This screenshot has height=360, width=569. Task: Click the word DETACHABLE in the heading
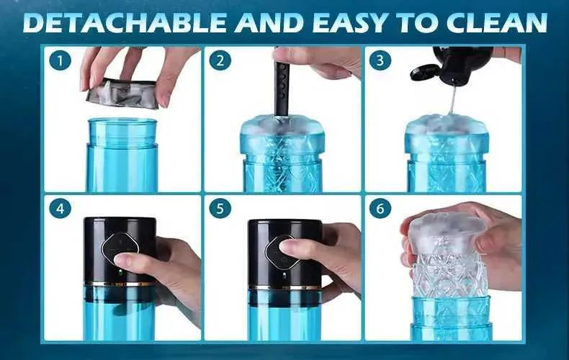125,22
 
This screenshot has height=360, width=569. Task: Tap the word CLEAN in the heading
497,22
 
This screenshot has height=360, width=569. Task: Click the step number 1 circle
60,60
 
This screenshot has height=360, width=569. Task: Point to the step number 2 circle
220,60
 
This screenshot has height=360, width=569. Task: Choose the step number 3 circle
380,60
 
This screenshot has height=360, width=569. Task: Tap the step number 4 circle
60,209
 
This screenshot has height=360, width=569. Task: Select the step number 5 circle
220,209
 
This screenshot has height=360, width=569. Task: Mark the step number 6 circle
380,209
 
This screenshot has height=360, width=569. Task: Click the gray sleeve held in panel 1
123,94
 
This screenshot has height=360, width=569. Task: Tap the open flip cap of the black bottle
424,72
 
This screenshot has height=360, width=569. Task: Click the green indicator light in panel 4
119,272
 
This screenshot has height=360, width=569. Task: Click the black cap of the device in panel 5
285,251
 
